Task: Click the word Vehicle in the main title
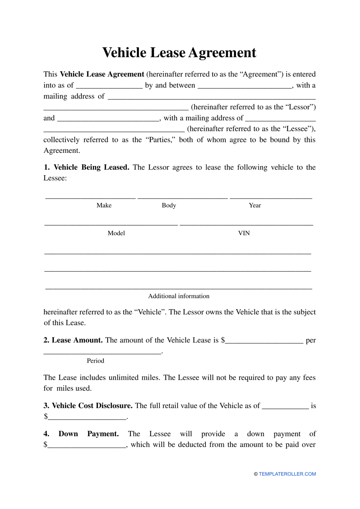point(124,53)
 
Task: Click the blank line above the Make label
point(90,198)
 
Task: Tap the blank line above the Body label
point(182,198)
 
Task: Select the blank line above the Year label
point(271,198)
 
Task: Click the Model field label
point(116,233)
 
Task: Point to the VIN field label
point(244,233)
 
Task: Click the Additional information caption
point(178,296)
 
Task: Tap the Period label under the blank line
point(95,361)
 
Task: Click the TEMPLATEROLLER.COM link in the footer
point(287,474)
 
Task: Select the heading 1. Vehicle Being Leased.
point(86,167)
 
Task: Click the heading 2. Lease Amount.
point(73,340)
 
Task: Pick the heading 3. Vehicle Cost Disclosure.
point(88,406)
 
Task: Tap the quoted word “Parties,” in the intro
point(159,140)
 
